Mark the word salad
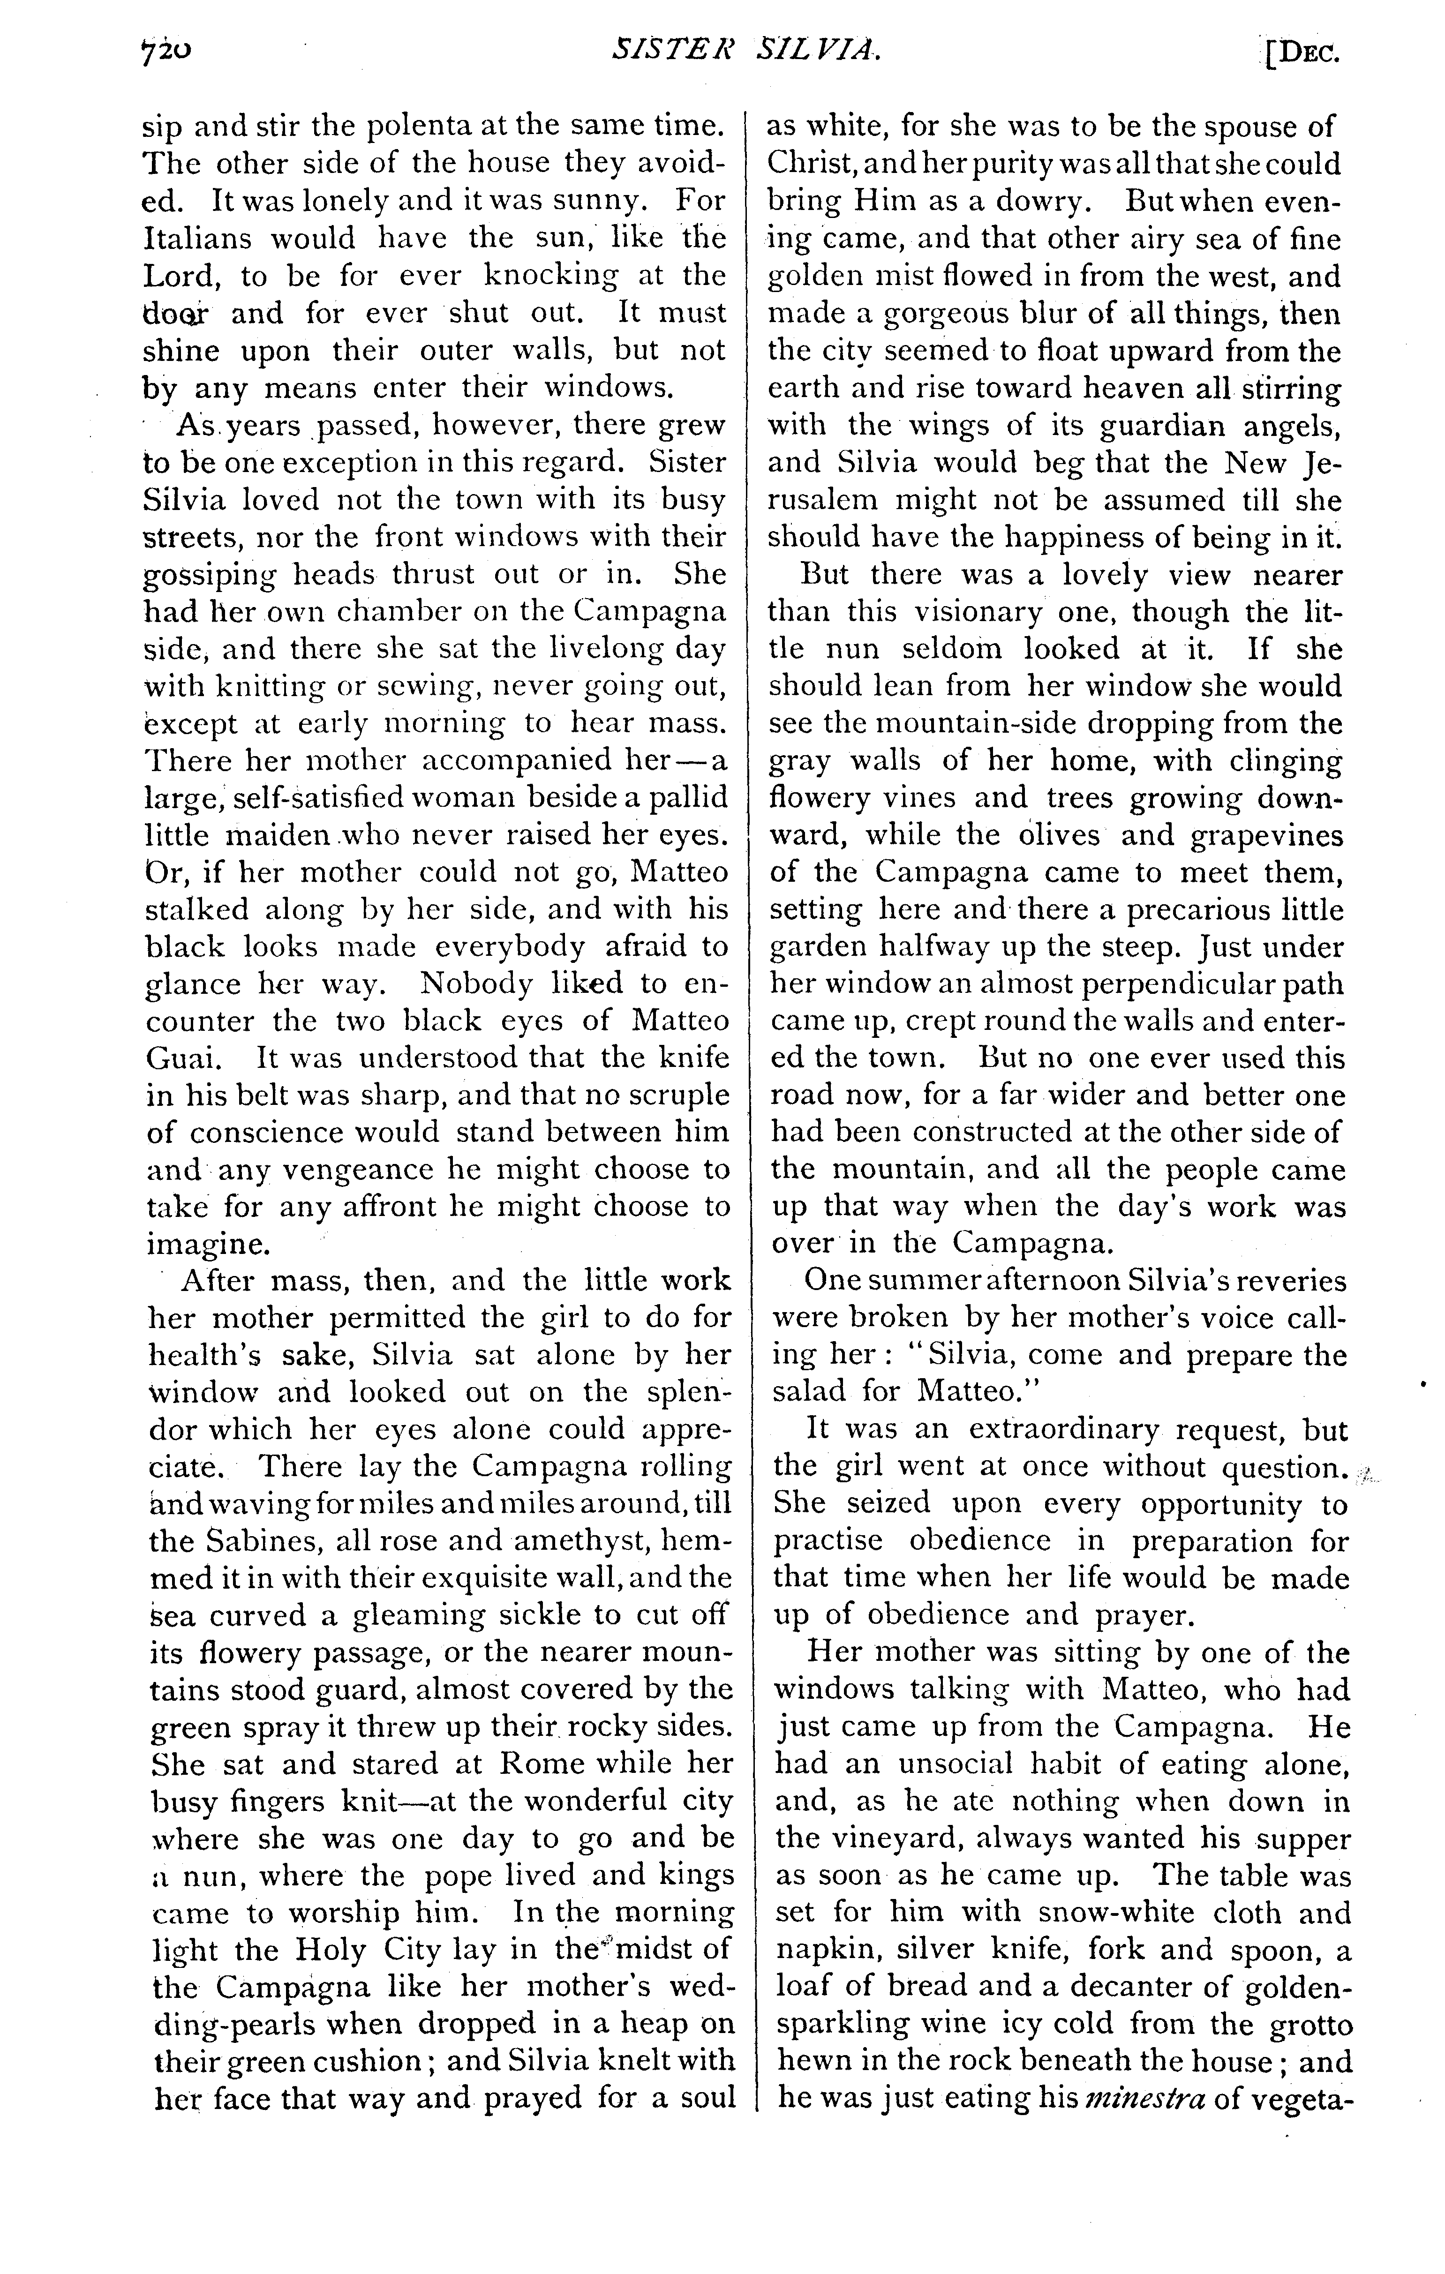click(x=809, y=1392)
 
